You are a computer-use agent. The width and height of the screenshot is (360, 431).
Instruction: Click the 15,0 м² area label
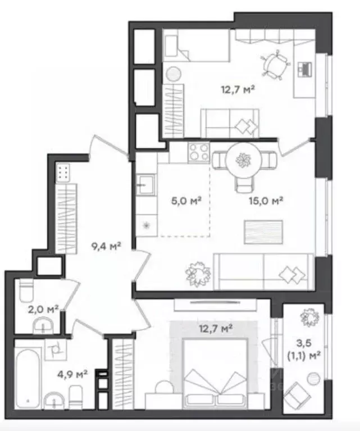tap(266, 201)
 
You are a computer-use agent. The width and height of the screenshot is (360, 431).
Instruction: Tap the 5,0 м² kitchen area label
tap(186, 201)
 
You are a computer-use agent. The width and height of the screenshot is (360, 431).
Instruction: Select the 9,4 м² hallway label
tap(106, 246)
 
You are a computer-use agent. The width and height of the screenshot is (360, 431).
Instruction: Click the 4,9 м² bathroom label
tap(72, 374)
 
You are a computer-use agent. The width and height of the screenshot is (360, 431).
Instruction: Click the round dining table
tap(243, 160)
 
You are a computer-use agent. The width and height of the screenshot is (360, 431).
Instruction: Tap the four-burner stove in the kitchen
tap(199, 152)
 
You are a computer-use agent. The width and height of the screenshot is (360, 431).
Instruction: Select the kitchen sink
tap(145, 185)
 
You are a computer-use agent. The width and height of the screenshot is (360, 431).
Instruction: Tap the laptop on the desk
tap(305, 69)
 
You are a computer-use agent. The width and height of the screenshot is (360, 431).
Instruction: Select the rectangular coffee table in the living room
tap(263, 232)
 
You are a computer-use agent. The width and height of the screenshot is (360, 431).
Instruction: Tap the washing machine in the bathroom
tap(56, 350)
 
